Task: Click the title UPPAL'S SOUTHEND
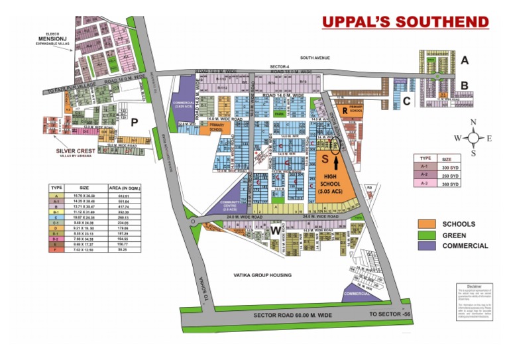pos(405,22)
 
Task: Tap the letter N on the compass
pos(473,122)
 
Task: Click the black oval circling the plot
pos(335,143)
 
